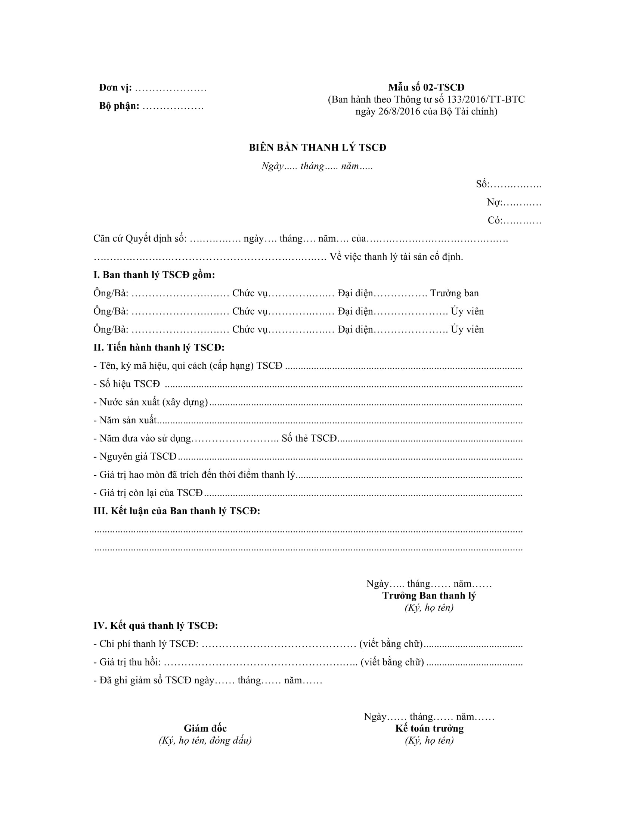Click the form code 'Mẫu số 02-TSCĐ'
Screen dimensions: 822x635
pos(426,87)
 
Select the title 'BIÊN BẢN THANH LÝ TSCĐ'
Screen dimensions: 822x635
pos(317,148)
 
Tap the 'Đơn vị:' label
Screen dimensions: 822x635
pos(115,88)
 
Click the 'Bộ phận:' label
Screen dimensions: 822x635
pos(119,106)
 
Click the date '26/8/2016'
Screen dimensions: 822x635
pos(399,111)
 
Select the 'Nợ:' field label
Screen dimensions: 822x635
pos(494,202)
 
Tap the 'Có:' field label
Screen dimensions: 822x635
pos(495,220)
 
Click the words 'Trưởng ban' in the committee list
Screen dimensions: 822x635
pos(455,293)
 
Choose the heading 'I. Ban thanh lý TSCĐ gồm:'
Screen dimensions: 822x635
pos(154,275)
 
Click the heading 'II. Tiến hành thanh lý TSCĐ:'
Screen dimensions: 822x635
pos(159,347)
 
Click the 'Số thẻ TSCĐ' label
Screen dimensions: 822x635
pos(309,439)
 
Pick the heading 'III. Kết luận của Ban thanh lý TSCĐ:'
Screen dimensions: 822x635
pos(177,511)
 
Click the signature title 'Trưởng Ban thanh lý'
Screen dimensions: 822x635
pos(429,596)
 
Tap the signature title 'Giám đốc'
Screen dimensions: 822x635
pos(205,728)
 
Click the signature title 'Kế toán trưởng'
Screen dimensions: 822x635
pos(429,728)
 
